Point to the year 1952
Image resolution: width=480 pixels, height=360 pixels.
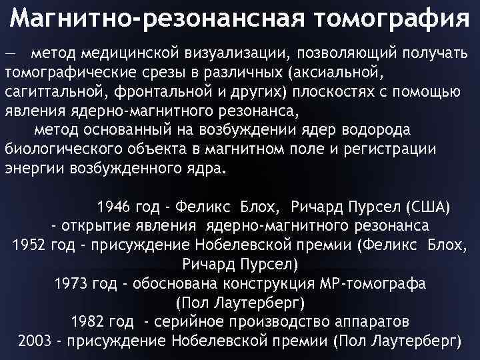pyautogui.click(x=29, y=244)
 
